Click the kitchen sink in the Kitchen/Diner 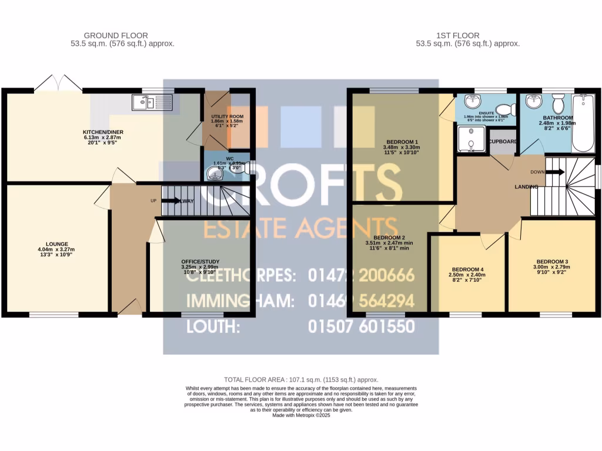pos(152,103)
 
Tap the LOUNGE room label pos(58,244)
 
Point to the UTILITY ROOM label pos(228,117)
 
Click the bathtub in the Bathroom pos(586,120)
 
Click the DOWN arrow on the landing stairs pos(555,172)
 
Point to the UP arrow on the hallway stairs pos(171,201)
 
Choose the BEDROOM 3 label pos(553,261)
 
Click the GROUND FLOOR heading pos(116,35)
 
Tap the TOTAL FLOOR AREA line pos(301,380)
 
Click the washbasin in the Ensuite pos(473,100)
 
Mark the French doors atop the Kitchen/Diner pos(56,85)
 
